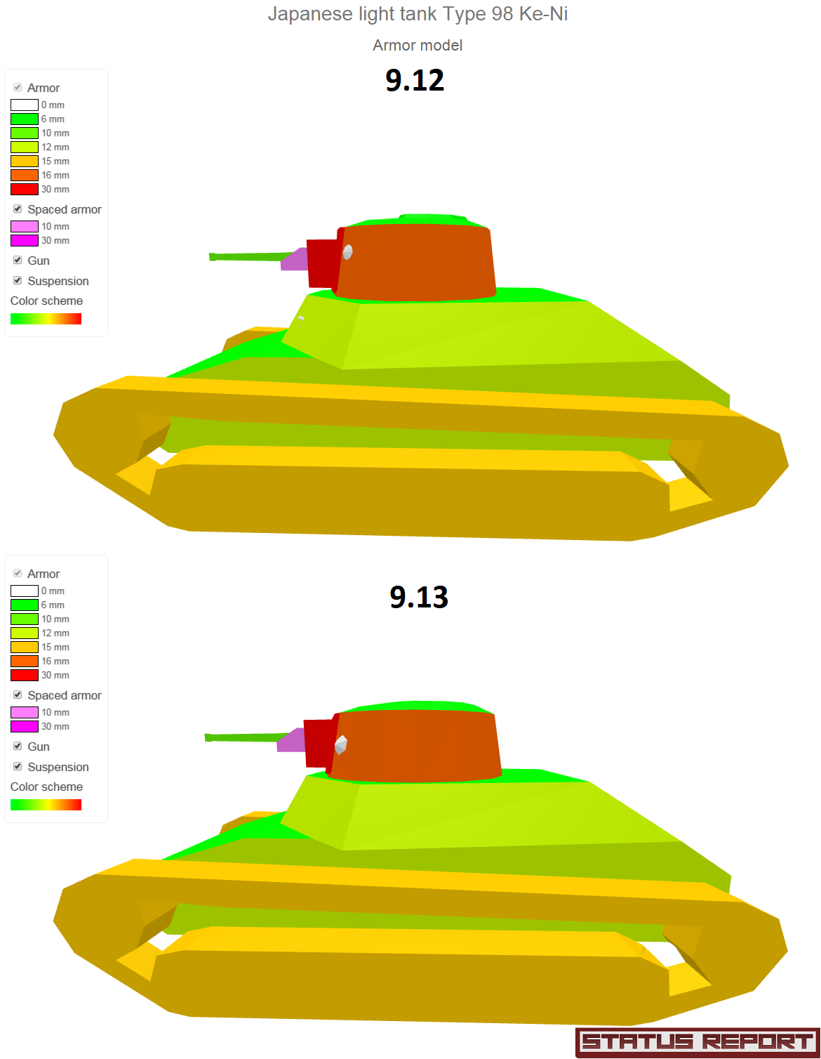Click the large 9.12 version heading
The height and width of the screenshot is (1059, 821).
tap(415, 80)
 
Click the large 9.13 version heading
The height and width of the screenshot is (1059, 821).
tap(419, 596)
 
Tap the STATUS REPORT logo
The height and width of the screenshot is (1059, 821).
tap(697, 1042)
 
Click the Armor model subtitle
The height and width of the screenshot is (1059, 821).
tap(418, 46)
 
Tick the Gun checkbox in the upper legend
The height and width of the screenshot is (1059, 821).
tap(18, 260)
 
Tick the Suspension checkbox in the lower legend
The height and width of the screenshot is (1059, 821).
tap(18, 766)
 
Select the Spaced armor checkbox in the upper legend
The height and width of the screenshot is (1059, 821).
tap(18, 209)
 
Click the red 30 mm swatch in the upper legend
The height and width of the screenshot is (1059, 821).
tap(25, 189)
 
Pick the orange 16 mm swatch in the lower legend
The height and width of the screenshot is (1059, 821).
tap(25, 661)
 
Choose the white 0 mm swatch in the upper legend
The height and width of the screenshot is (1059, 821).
tap(25, 105)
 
